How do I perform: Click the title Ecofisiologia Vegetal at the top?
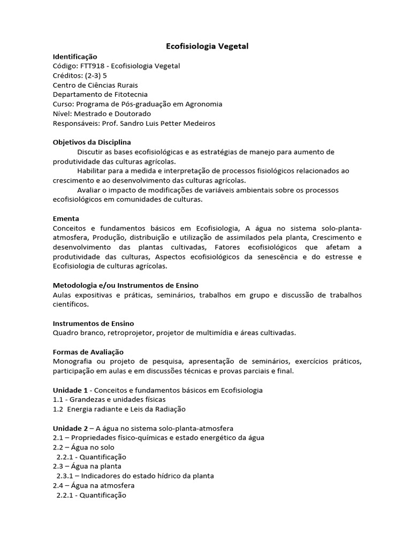(x=206, y=47)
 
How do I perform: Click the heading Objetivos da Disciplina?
(x=92, y=142)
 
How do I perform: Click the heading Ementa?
(x=66, y=218)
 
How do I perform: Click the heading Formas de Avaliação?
(x=88, y=352)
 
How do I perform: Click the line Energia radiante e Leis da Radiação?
(x=125, y=409)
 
